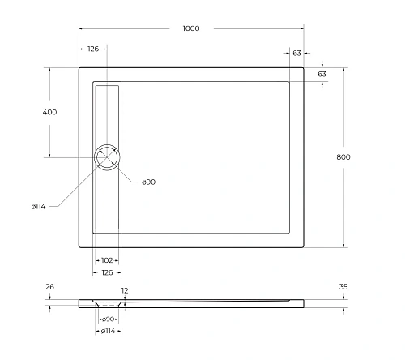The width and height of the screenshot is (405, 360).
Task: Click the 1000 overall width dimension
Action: [190, 28]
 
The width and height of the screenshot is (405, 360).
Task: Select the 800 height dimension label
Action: [343, 156]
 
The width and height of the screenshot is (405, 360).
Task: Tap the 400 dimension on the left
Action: [49, 112]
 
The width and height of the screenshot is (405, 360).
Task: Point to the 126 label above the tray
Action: [93, 49]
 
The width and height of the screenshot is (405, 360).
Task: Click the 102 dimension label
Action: [106, 259]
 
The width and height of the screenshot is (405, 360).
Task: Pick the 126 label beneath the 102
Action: [106, 272]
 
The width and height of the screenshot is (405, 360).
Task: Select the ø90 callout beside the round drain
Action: [148, 182]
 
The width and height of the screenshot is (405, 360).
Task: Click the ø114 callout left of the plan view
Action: [39, 206]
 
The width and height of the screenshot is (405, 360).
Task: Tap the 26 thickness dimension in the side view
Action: [50, 286]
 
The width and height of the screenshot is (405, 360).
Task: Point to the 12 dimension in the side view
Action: [124, 289]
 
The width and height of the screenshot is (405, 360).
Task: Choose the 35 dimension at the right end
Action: [343, 286]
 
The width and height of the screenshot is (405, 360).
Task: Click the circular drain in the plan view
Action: [107, 157]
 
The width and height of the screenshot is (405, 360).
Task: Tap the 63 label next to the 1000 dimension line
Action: [297, 52]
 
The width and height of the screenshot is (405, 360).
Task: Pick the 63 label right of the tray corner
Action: [322, 74]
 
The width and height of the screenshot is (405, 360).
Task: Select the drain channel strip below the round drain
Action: [107, 200]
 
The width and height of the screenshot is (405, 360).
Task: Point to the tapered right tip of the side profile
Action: [301, 303]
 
